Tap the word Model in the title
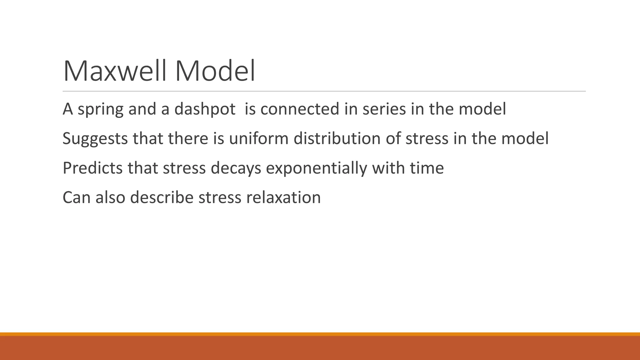tap(215, 71)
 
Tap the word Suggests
tap(95, 138)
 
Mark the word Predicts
tap(92, 168)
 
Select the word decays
tap(236, 168)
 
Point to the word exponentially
tap(316, 168)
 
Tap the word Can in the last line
tap(77, 197)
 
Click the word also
tap(110, 197)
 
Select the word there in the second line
tap(188, 138)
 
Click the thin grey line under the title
tap(324, 91)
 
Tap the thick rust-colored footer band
tap(320, 348)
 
